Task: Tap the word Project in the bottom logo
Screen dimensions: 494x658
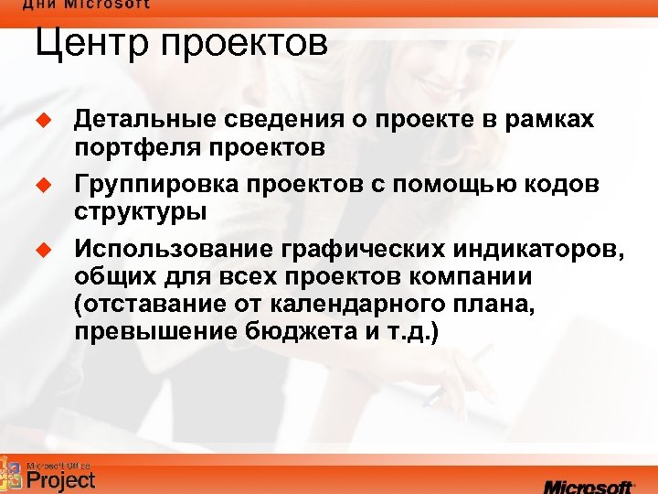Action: tap(60, 478)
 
